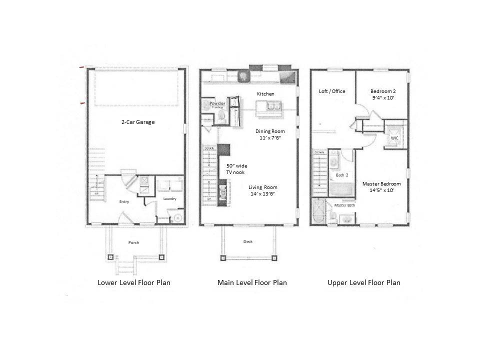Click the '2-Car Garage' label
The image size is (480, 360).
click(137, 122)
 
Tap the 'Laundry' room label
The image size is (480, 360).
click(169, 199)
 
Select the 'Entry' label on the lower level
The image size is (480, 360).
click(124, 201)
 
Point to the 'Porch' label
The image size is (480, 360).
click(133, 242)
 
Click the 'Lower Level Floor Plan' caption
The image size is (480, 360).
click(133, 282)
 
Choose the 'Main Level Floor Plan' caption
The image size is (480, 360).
click(252, 282)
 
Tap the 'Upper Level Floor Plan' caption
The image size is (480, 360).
click(363, 282)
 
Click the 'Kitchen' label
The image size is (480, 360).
click(265, 93)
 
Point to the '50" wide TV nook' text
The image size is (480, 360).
click(237, 169)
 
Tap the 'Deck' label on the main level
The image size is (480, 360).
click(248, 241)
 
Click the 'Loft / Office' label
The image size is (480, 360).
click(332, 91)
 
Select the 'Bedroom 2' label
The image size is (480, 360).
click(383, 91)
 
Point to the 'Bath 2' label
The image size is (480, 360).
click(342, 174)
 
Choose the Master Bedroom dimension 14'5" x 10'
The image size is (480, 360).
click(381, 190)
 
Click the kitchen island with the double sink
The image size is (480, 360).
click(269, 107)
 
